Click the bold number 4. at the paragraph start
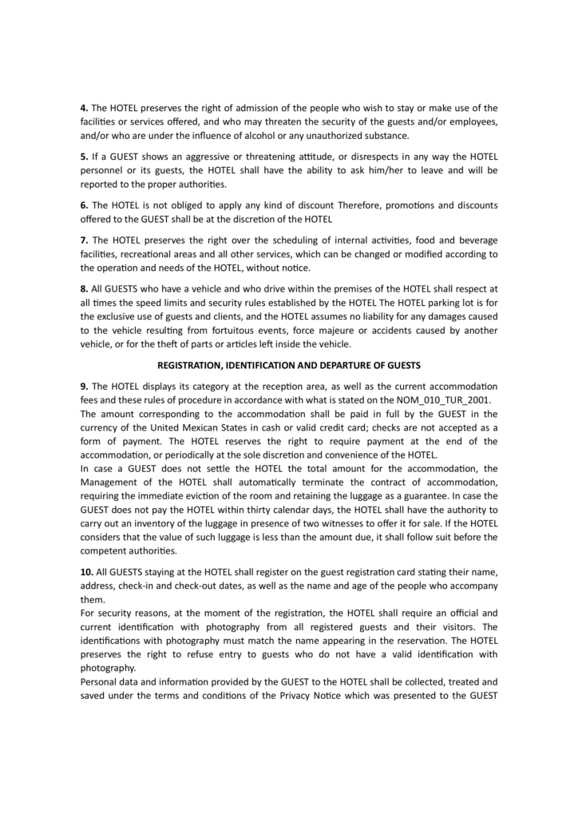point(84,108)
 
